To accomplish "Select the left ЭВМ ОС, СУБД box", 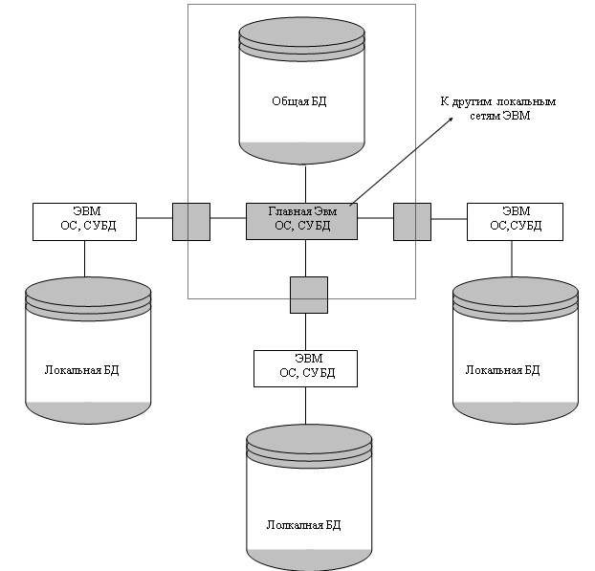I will point(84,220).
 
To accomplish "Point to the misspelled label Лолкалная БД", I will point(304,526).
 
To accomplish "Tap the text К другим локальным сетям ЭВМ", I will point(497,107).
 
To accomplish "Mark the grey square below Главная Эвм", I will point(308,295).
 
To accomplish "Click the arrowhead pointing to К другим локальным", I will point(451,121).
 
